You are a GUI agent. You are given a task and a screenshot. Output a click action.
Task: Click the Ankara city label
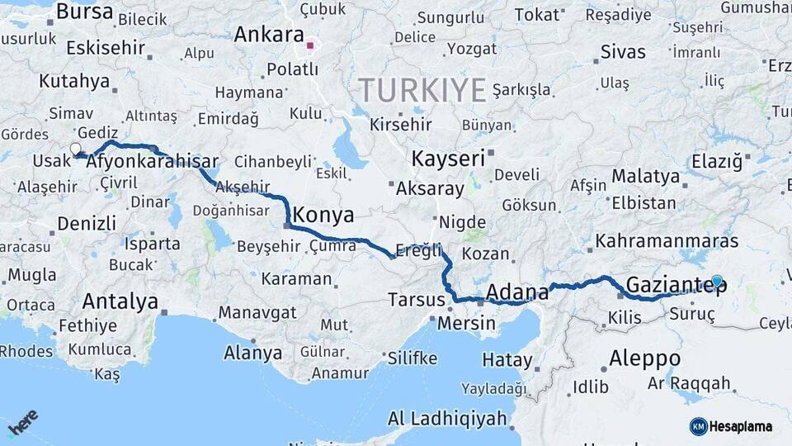tap(269, 35)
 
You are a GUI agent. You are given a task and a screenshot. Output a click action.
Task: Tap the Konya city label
tap(324, 216)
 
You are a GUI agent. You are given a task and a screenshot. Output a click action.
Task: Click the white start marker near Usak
tap(76, 149)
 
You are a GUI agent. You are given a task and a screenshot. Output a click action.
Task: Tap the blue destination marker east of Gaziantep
tap(717, 282)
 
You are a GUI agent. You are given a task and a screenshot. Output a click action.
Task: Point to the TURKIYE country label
tap(422, 89)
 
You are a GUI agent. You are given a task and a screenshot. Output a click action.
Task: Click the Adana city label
tap(517, 292)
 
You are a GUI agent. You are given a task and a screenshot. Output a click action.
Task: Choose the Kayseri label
tap(447, 159)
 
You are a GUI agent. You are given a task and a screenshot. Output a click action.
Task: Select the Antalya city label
tap(120, 301)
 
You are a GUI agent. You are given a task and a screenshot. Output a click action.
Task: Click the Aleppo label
tap(644, 358)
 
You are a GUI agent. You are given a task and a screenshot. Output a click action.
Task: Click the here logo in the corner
tap(23, 423)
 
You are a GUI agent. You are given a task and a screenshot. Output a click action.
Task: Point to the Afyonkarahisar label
tap(152, 161)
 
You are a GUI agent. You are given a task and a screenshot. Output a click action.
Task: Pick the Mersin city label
tap(466, 322)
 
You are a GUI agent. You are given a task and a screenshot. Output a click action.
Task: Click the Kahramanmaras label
tap(667, 241)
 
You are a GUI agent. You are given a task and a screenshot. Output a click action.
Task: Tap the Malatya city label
tap(645, 177)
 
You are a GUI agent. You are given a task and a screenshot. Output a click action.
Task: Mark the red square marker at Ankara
tap(310, 45)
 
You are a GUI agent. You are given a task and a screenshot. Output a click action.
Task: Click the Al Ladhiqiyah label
tap(447, 418)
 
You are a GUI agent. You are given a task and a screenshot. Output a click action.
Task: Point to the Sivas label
tap(624, 51)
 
